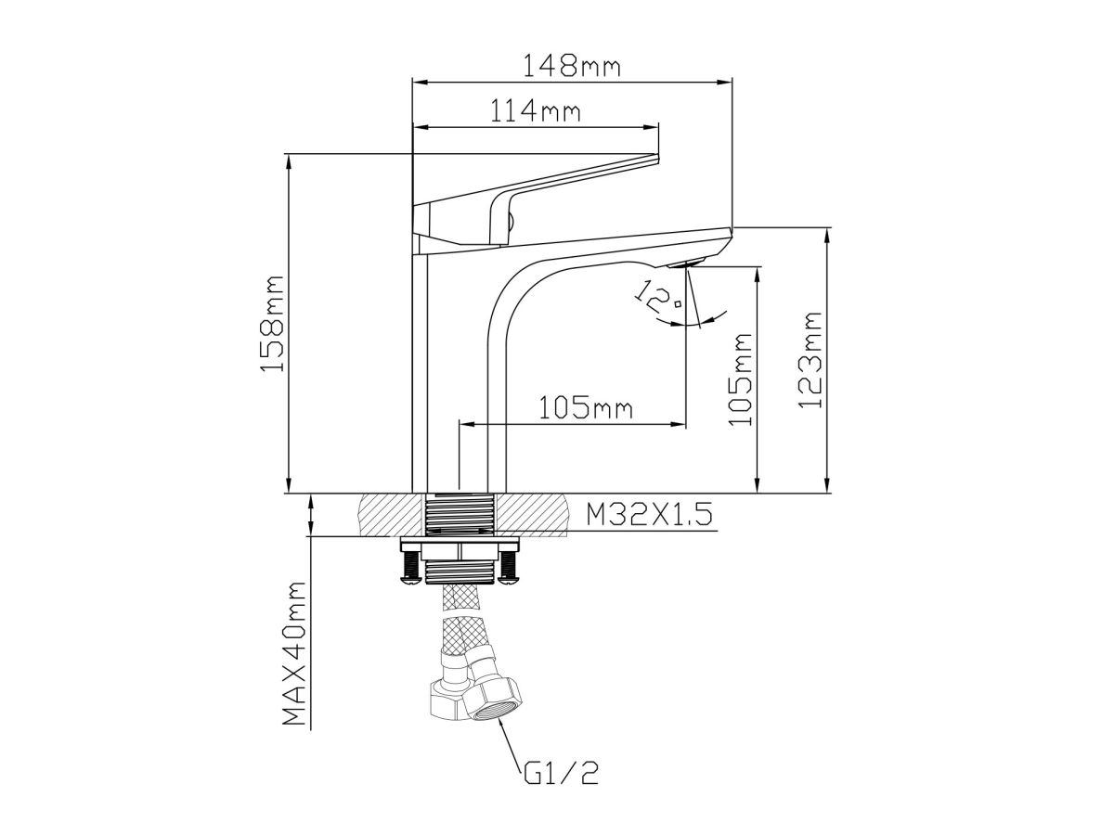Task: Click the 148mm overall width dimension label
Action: click(x=572, y=66)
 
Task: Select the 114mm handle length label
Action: click(x=535, y=111)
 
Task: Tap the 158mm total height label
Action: click(x=271, y=324)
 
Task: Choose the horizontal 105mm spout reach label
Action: click(x=586, y=408)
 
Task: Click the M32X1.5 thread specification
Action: click(x=650, y=515)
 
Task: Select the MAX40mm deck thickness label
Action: click(x=293, y=654)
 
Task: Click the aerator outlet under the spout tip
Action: click(x=686, y=263)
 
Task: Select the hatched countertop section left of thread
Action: click(x=391, y=514)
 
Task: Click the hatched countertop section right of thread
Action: click(x=531, y=514)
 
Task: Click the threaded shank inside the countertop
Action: click(x=460, y=514)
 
